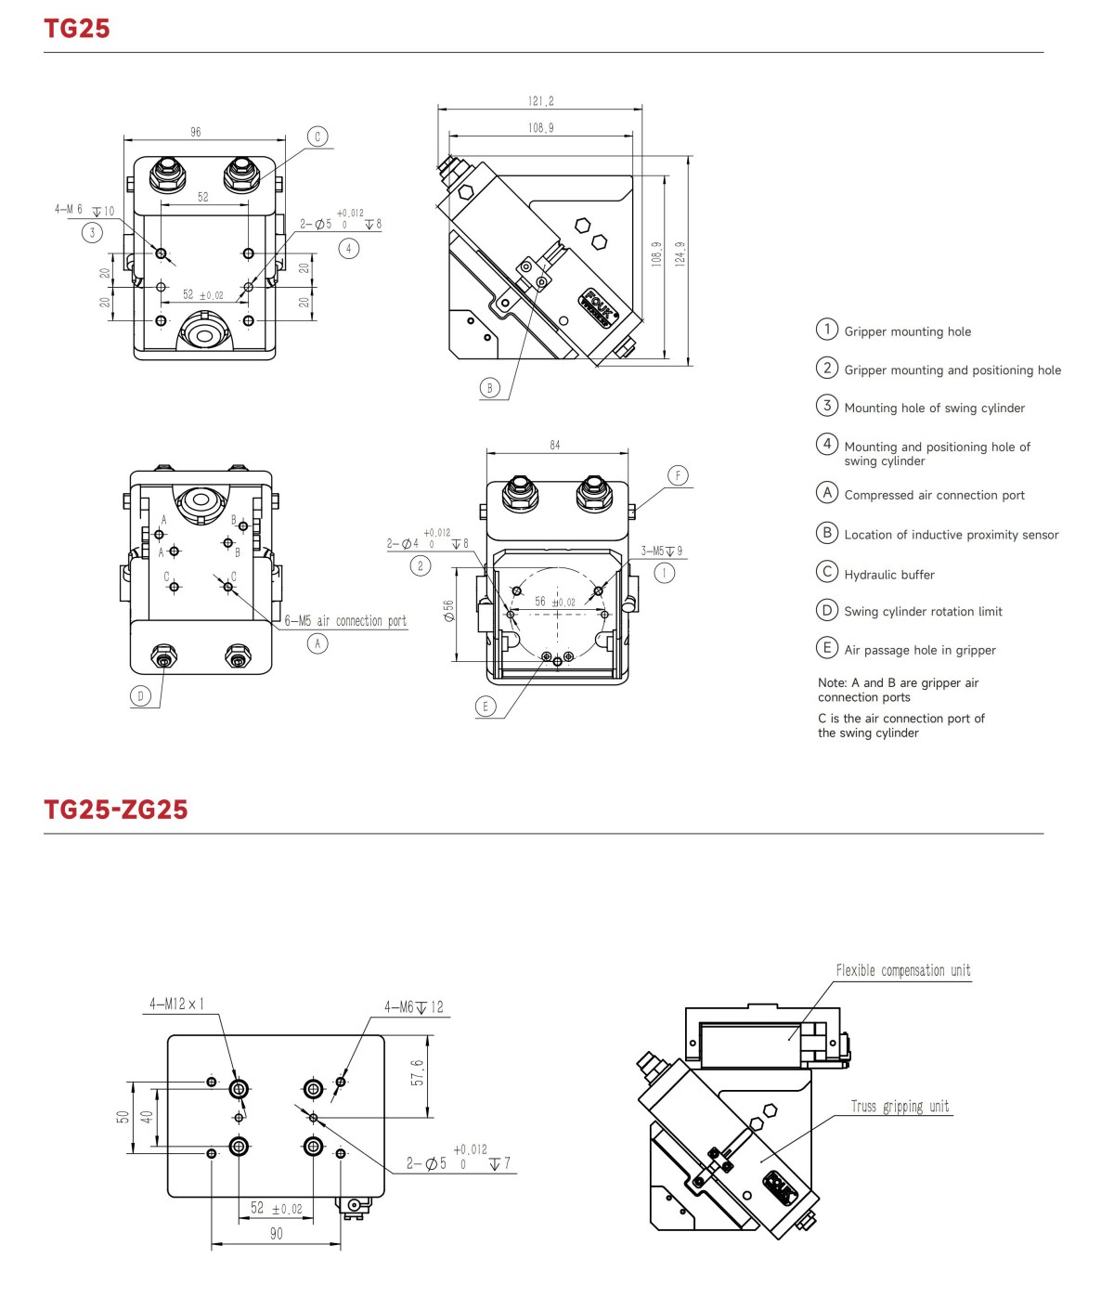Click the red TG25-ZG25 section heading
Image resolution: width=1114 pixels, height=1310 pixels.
pos(116,810)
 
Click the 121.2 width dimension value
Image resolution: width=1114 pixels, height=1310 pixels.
pos(540,101)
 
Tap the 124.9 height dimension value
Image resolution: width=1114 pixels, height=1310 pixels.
pos(680,253)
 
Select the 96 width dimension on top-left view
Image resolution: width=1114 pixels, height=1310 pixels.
pos(196,133)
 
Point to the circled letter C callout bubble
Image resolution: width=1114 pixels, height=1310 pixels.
pos(317,136)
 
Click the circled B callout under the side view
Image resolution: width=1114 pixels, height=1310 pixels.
pos(490,388)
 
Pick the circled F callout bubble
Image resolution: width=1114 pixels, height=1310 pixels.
pos(678,475)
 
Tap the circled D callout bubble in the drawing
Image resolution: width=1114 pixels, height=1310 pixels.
pos(141,695)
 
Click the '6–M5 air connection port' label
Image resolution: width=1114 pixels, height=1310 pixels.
pos(345,621)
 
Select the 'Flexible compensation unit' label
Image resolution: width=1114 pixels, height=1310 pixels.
pos(902,971)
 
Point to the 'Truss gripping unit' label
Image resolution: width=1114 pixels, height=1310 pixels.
pos(900,1107)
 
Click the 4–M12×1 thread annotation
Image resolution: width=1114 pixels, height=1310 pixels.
pos(176,1005)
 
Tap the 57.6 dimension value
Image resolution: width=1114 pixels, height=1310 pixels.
pos(418,1073)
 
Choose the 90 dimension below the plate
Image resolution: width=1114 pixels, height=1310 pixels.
pos(276,1234)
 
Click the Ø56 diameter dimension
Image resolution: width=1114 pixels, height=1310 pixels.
pos(449,611)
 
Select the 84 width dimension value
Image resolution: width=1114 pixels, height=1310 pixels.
pos(555,446)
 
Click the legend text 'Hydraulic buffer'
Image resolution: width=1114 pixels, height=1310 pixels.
pos(888,575)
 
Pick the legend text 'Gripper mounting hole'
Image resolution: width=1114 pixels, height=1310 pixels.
pos(907,331)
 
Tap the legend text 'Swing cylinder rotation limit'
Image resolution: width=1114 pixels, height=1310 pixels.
pos(923,612)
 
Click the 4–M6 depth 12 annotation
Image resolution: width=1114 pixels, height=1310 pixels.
pos(414,1007)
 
